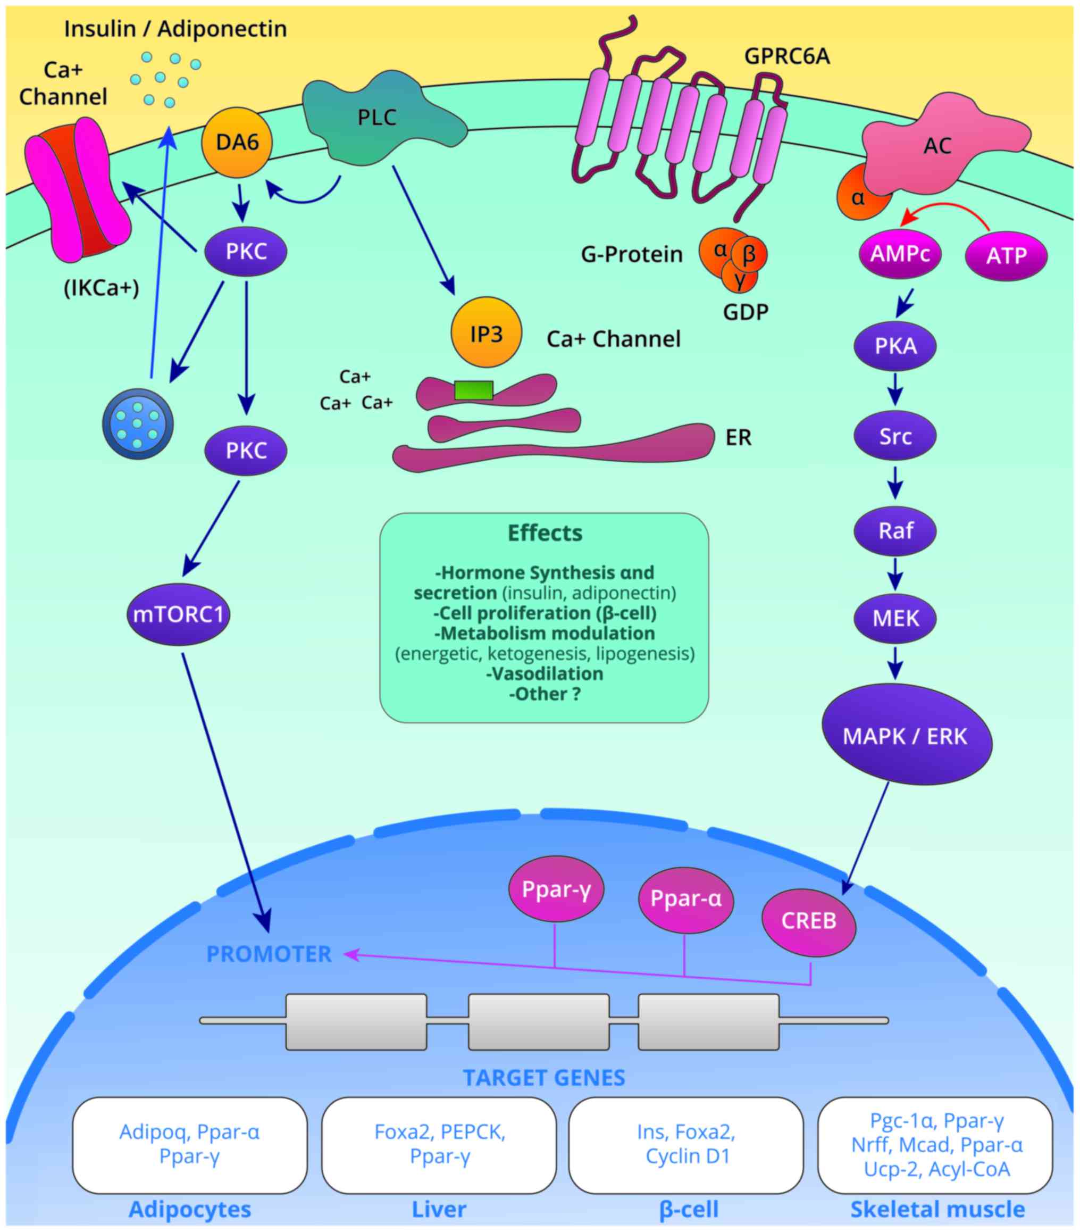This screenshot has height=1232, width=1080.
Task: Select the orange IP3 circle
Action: click(487, 332)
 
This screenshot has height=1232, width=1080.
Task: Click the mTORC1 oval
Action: click(178, 614)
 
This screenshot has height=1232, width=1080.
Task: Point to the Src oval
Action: click(895, 436)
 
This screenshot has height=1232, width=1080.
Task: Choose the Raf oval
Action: click(895, 530)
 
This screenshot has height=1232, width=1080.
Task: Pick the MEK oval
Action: click(895, 618)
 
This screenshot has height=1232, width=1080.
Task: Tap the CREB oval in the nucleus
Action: click(808, 920)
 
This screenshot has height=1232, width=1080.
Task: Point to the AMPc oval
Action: click(900, 254)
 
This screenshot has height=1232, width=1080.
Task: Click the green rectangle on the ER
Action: click(474, 390)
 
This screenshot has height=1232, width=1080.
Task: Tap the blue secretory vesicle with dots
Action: click(138, 424)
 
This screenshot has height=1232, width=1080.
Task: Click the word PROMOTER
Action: click(269, 954)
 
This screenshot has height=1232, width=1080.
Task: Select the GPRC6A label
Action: click(786, 56)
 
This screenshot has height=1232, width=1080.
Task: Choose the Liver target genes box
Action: click(439, 1145)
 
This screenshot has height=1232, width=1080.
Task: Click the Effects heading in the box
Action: click(545, 533)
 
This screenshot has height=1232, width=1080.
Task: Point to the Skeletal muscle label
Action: click(937, 1210)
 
